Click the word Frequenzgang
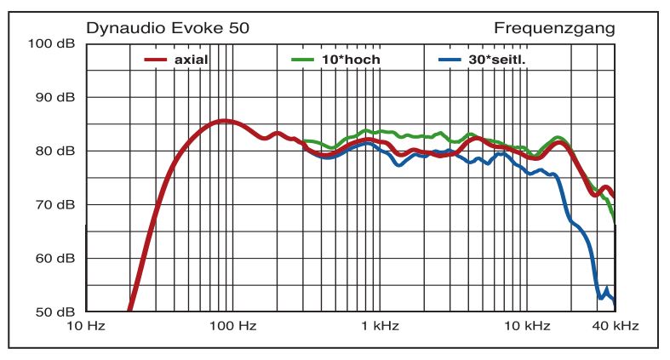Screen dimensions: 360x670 pos(554,28)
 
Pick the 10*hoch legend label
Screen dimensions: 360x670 pos(351,60)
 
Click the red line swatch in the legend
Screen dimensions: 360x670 pos(154,60)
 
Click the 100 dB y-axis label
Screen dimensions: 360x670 pos(52,43)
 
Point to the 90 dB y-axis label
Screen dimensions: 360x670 pos(55,97)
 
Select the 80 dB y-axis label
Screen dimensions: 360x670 pos(55,151)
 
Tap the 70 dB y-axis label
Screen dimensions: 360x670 pos(55,204)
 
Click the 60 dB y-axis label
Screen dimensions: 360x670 pos(55,258)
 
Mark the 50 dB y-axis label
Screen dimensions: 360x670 pos(55,311)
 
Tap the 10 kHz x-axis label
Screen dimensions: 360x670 pos(528,326)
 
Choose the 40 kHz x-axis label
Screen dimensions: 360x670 pos(615,326)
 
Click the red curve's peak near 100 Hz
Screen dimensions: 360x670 pos(223,121)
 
